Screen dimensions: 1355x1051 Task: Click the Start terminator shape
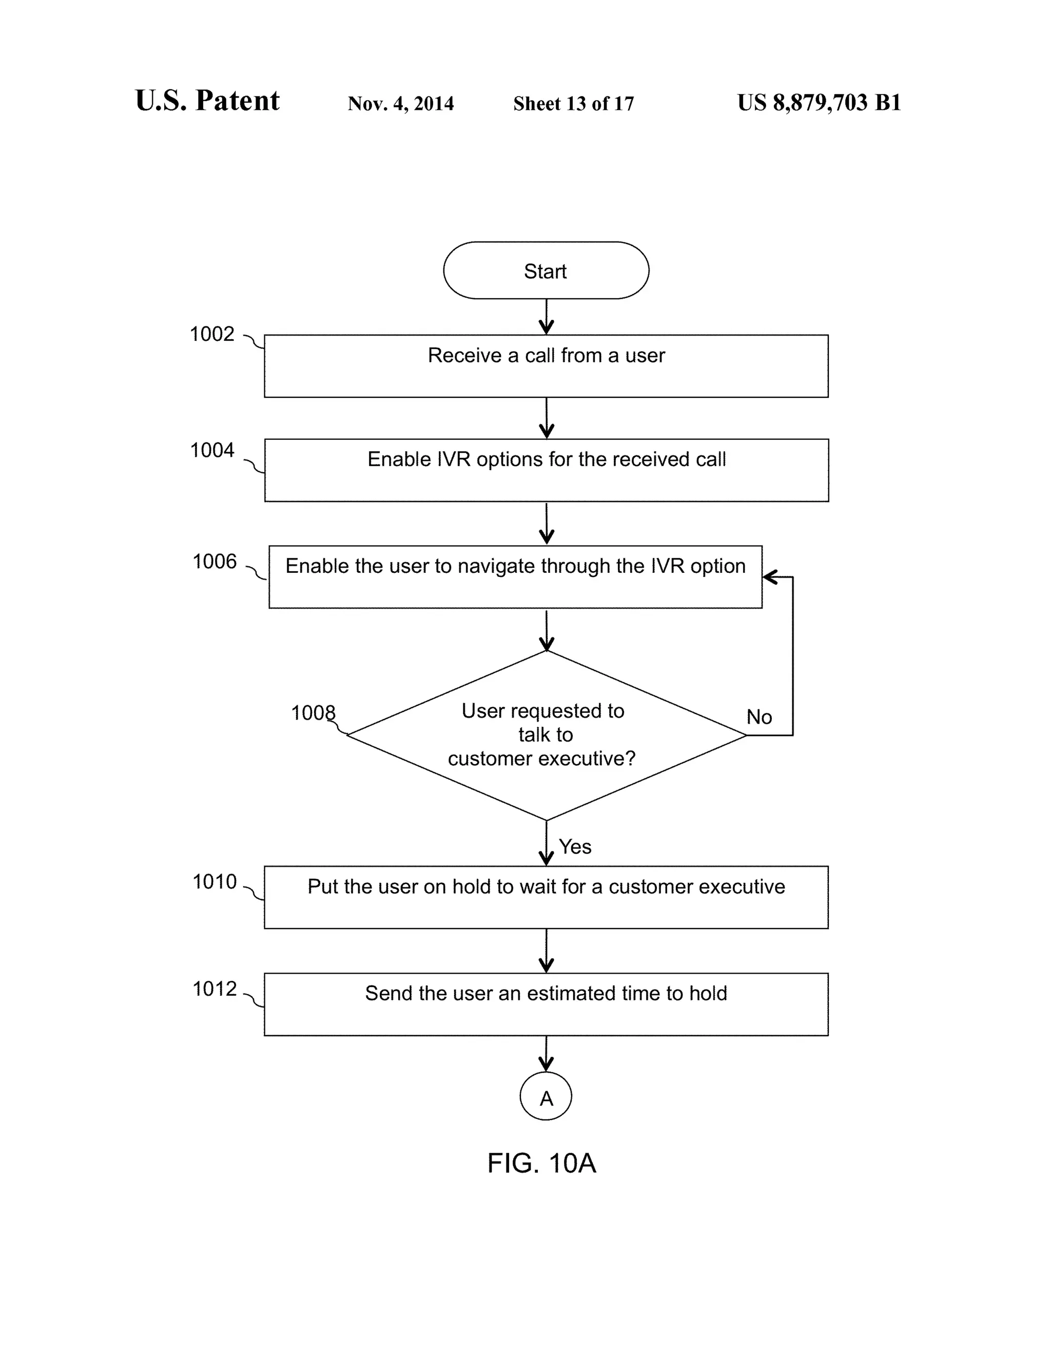pyautogui.click(x=546, y=270)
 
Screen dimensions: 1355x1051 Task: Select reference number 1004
pyautogui.click(x=211, y=450)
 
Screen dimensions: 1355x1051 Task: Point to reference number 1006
pyautogui.click(x=214, y=562)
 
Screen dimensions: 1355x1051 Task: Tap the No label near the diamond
pyautogui.click(x=759, y=717)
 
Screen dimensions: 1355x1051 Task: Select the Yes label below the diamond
pyautogui.click(x=575, y=847)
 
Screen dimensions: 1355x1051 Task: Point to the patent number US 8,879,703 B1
pyautogui.click(x=819, y=102)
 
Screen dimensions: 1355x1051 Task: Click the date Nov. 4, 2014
pyautogui.click(x=400, y=103)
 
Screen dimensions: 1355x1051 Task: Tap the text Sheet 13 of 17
pyautogui.click(x=573, y=103)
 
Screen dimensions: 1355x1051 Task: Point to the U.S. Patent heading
pyautogui.click(x=207, y=101)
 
